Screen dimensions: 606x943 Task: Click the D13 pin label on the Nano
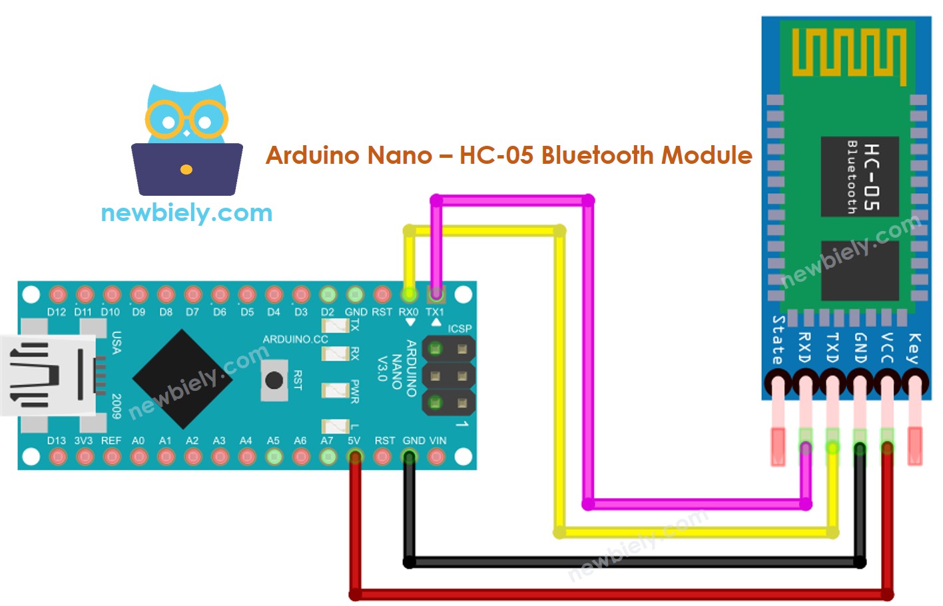click(x=57, y=441)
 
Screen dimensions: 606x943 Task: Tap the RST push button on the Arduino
click(x=274, y=380)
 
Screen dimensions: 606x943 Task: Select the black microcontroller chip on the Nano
click(x=181, y=379)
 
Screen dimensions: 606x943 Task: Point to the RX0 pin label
click(x=408, y=312)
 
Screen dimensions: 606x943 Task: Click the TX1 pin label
click(x=435, y=312)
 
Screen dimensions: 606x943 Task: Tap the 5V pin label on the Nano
click(x=354, y=441)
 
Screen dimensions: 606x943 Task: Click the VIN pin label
click(x=438, y=441)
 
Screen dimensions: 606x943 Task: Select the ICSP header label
click(x=460, y=329)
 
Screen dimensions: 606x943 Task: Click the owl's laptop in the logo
click(x=186, y=169)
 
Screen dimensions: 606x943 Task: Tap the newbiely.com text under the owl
click(x=186, y=213)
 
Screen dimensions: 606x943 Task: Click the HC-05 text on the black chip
click(x=871, y=177)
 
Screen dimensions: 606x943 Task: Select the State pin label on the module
click(x=778, y=340)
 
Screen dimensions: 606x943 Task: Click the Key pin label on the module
click(x=914, y=348)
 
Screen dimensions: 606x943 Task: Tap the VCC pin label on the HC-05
click(x=887, y=348)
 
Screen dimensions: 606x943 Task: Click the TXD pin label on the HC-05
click(x=832, y=348)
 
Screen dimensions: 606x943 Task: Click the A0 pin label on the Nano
click(x=138, y=441)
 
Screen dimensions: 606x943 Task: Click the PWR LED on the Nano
click(x=335, y=390)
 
